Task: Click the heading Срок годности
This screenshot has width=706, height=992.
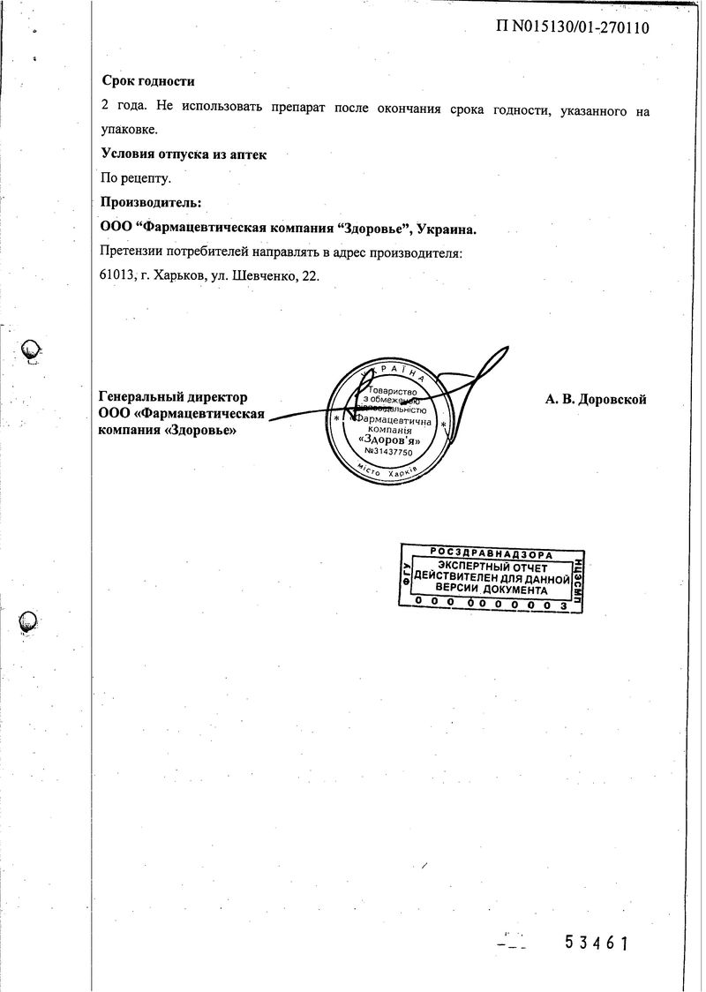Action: (148, 81)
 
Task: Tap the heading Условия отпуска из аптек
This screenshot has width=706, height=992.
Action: (184, 154)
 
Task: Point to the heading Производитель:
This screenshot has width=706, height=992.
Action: (152, 203)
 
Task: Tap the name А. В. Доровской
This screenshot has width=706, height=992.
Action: (596, 400)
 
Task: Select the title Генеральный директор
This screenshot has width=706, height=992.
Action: (173, 397)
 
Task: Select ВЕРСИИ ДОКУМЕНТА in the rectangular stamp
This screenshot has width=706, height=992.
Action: (492, 590)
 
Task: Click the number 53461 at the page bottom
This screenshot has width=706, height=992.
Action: (597, 943)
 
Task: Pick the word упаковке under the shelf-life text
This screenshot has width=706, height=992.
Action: (130, 130)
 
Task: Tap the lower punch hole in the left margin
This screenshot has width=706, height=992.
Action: (29, 621)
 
